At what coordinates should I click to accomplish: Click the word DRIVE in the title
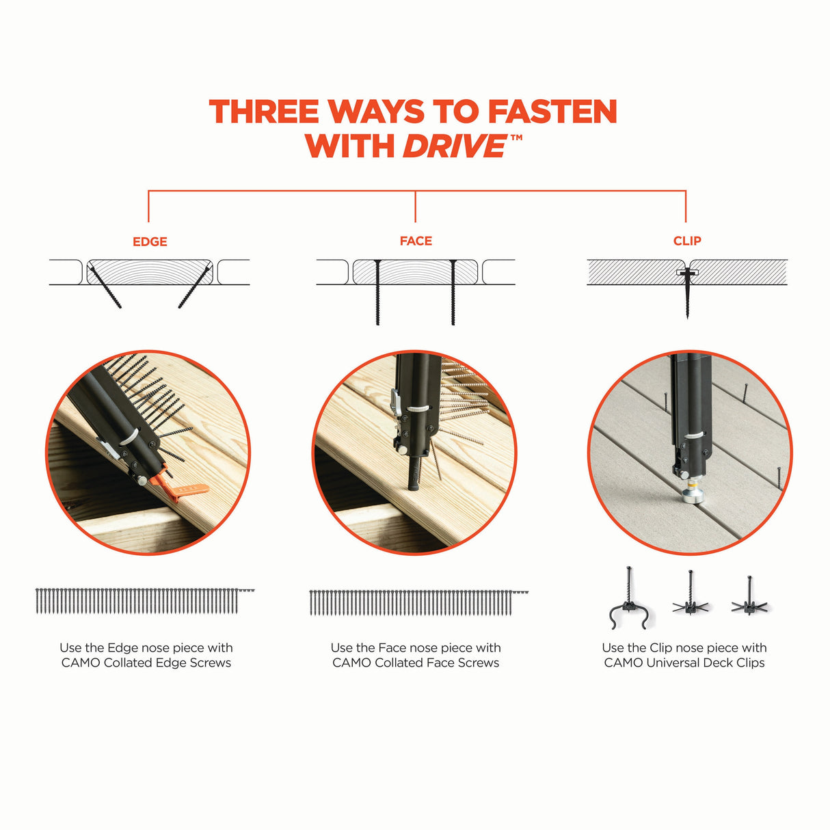click(x=454, y=146)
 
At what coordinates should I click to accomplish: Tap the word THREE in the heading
click(x=264, y=112)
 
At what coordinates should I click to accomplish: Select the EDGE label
click(x=150, y=241)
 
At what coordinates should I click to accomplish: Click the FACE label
click(x=416, y=241)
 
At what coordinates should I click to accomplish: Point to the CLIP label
click(x=687, y=241)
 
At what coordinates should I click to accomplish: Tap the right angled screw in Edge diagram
click(x=193, y=289)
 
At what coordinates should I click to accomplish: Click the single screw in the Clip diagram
click(x=686, y=294)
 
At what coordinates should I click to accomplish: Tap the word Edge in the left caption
click(x=122, y=647)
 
